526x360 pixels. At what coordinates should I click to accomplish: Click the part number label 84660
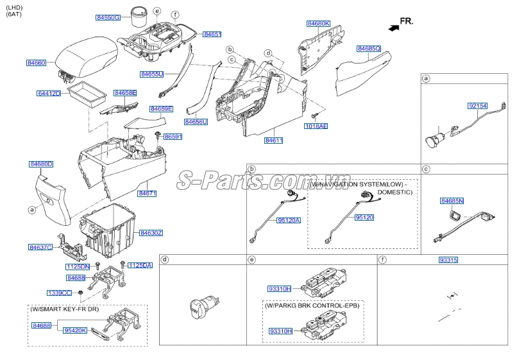[x=36, y=63]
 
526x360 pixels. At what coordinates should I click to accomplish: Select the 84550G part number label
[x=108, y=17]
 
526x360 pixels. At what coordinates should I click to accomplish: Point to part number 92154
[x=477, y=105]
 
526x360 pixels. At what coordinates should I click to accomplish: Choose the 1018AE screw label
[x=316, y=126]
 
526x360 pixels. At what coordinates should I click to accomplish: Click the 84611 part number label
[x=274, y=140]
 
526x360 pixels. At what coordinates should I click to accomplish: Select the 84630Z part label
[x=151, y=232]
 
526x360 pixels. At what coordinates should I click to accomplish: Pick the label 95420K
[x=75, y=330]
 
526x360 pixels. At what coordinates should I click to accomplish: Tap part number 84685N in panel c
[x=452, y=201]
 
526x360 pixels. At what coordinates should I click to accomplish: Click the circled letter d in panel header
[x=165, y=260]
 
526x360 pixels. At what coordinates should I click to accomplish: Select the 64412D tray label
[x=49, y=94]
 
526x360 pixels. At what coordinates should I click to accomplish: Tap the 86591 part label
[x=173, y=137]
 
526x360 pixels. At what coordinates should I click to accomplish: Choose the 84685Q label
[x=369, y=48]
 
